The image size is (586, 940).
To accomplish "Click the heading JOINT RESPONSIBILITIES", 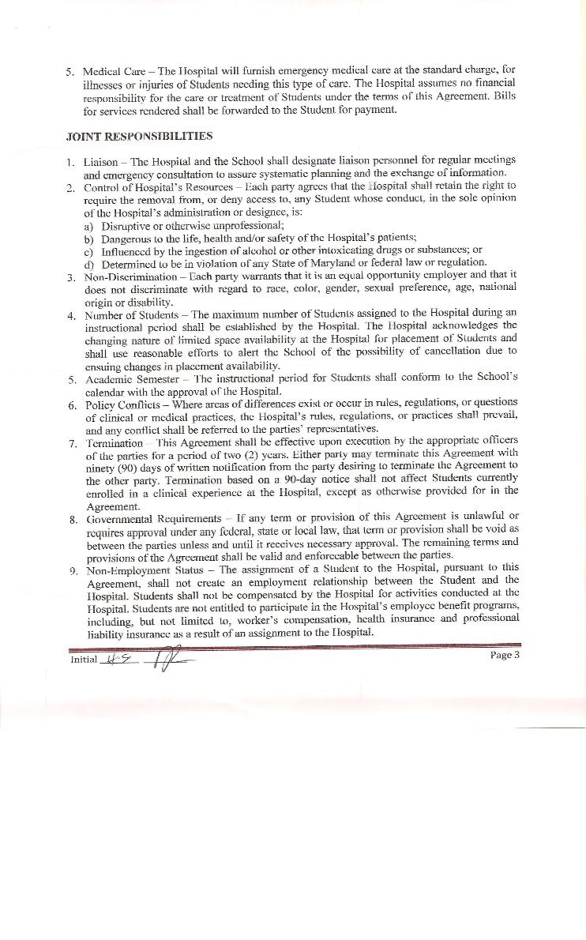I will [139, 136].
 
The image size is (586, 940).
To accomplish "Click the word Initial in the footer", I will [84, 659].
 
